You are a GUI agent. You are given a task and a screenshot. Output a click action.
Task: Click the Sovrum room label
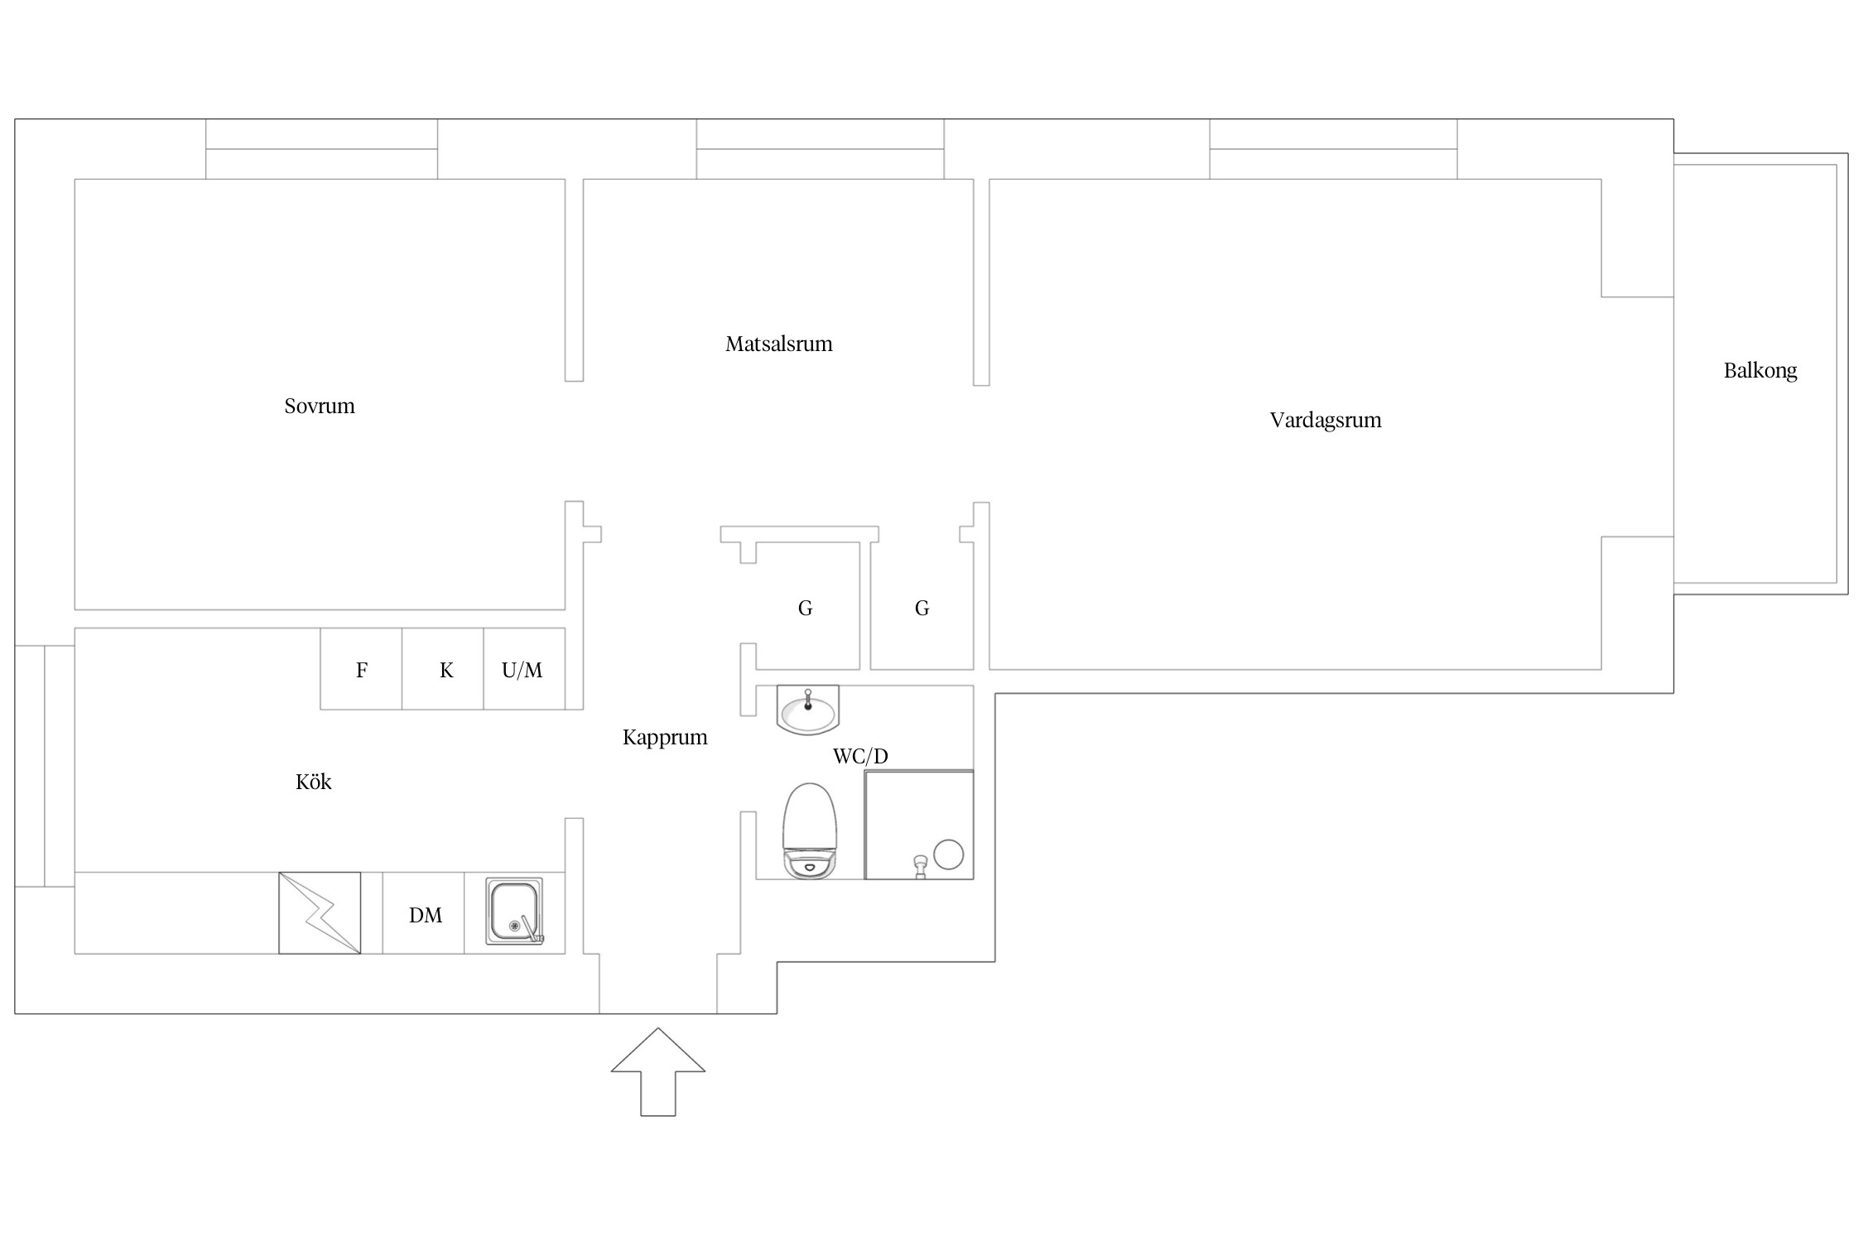pos(320,406)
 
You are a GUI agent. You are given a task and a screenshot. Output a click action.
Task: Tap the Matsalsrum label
pos(779,344)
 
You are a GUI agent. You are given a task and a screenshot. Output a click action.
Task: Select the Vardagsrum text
pos(1326,420)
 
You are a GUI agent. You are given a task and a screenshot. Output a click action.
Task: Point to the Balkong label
pos(1760,370)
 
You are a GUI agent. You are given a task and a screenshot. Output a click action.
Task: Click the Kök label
pos(314,782)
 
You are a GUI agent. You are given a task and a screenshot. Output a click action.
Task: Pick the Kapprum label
pos(665,738)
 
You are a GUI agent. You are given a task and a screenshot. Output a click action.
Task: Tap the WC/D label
pos(860,756)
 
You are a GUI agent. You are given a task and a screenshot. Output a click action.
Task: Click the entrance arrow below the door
pos(658,1072)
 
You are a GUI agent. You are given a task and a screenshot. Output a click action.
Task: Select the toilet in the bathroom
pos(811,831)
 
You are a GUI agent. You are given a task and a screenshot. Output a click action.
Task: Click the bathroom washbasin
pos(808,710)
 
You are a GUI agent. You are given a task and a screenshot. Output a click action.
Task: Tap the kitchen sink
pos(514,912)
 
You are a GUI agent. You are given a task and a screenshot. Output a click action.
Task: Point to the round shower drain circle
pos(949,854)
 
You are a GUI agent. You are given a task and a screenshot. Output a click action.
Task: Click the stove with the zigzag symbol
pos(320,912)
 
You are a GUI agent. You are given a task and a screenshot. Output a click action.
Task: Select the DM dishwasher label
pos(426,915)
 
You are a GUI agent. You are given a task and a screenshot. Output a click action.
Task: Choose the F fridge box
pos(361,669)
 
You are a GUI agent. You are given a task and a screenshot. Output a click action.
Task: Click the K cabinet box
pos(443,669)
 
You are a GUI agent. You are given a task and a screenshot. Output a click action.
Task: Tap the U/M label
pos(522,670)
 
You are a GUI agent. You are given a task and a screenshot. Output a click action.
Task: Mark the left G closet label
pos(805,609)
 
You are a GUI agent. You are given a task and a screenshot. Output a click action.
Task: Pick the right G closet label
pos(922,609)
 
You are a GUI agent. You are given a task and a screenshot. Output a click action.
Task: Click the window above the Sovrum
pos(321,149)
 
